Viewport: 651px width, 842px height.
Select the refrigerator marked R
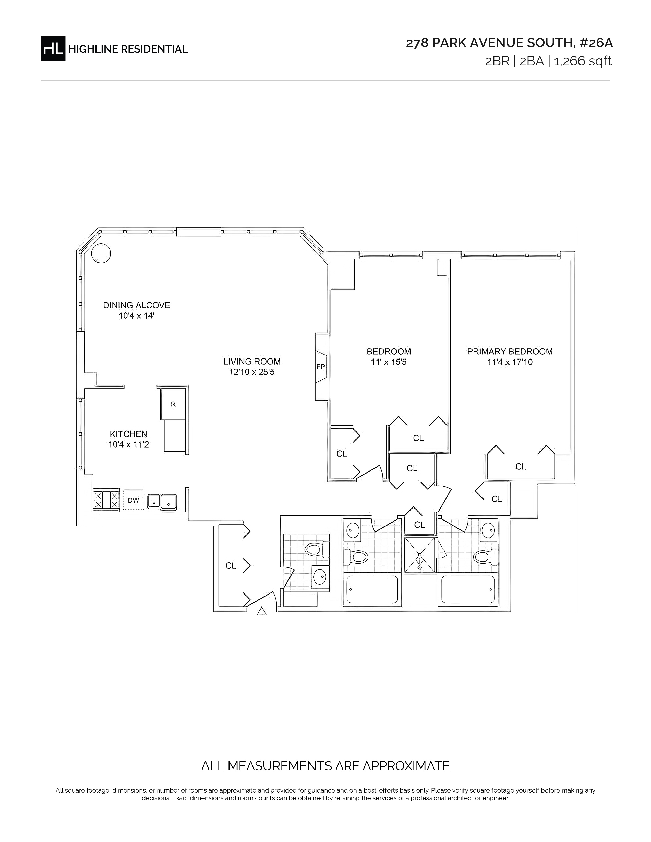[173, 404]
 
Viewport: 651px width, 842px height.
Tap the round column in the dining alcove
[101, 253]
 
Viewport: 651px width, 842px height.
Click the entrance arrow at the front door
[262, 611]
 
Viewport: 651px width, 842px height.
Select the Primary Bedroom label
[510, 351]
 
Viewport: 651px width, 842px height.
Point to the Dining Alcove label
[137, 305]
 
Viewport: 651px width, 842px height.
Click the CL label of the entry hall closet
[231, 566]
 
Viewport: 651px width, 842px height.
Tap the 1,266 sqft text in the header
[583, 61]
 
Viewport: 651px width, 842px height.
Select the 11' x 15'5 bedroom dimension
[389, 362]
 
